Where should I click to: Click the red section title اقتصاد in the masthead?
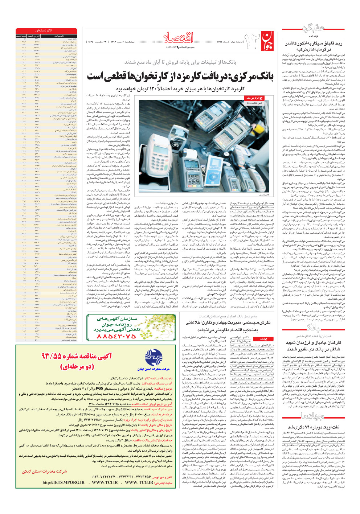click(179, 38)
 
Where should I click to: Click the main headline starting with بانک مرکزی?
click(180, 77)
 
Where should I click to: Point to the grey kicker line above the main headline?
click(180, 62)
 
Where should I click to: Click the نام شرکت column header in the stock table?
click(59, 36)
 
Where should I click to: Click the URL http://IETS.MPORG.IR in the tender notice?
click(64, 483)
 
